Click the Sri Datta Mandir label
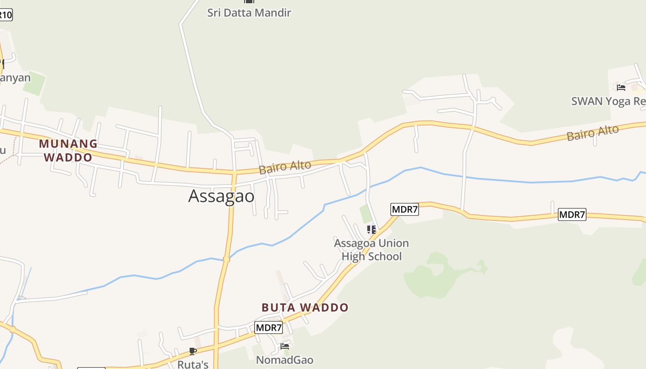(x=249, y=12)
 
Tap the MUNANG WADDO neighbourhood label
(x=68, y=150)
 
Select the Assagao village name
(x=221, y=196)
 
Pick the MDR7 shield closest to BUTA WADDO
(x=269, y=327)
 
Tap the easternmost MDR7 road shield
(x=572, y=214)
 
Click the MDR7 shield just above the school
(x=404, y=209)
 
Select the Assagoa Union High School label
(x=371, y=250)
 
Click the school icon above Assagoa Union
(x=371, y=229)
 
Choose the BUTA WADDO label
(x=305, y=307)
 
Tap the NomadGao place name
(x=284, y=360)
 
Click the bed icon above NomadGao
(x=285, y=346)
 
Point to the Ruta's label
(x=193, y=364)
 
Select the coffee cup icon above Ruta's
(x=193, y=351)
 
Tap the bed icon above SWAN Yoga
(x=621, y=87)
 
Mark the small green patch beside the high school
(x=366, y=214)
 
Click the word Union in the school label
(x=393, y=243)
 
